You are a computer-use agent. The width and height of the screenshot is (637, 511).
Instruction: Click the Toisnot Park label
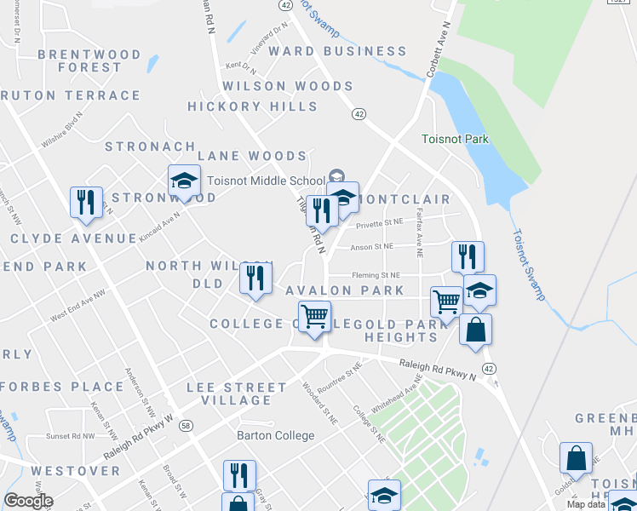(456, 139)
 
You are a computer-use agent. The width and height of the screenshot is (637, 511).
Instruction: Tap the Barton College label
(275, 435)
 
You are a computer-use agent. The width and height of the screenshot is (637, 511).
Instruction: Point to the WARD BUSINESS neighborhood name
(338, 51)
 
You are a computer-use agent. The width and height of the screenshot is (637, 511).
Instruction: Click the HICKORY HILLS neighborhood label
(253, 106)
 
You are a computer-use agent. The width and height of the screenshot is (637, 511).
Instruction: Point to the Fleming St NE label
(376, 276)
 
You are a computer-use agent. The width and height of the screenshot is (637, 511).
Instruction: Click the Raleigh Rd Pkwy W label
(139, 439)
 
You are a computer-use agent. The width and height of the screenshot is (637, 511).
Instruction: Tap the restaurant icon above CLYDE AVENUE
(86, 203)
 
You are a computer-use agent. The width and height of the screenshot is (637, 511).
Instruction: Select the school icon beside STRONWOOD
(184, 181)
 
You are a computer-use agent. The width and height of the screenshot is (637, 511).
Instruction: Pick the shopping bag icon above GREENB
(576, 457)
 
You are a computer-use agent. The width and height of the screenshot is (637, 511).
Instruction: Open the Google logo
(28, 501)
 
